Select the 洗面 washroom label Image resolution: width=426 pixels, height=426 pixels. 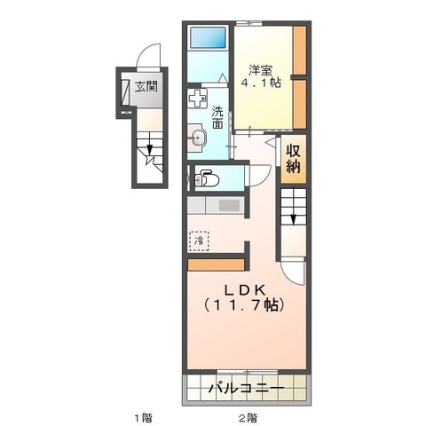point(217,118)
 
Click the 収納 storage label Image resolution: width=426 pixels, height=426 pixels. point(294,157)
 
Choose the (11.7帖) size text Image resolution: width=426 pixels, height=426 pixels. point(241,305)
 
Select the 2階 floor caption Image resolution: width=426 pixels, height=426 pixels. point(248,416)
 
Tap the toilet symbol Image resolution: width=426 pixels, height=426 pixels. point(203,177)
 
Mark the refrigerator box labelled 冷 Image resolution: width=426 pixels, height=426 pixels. point(199,240)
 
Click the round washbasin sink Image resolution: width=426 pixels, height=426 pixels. point(198,138)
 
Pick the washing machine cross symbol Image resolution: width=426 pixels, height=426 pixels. point(198,99)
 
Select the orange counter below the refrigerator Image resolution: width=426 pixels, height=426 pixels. point(217,263)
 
